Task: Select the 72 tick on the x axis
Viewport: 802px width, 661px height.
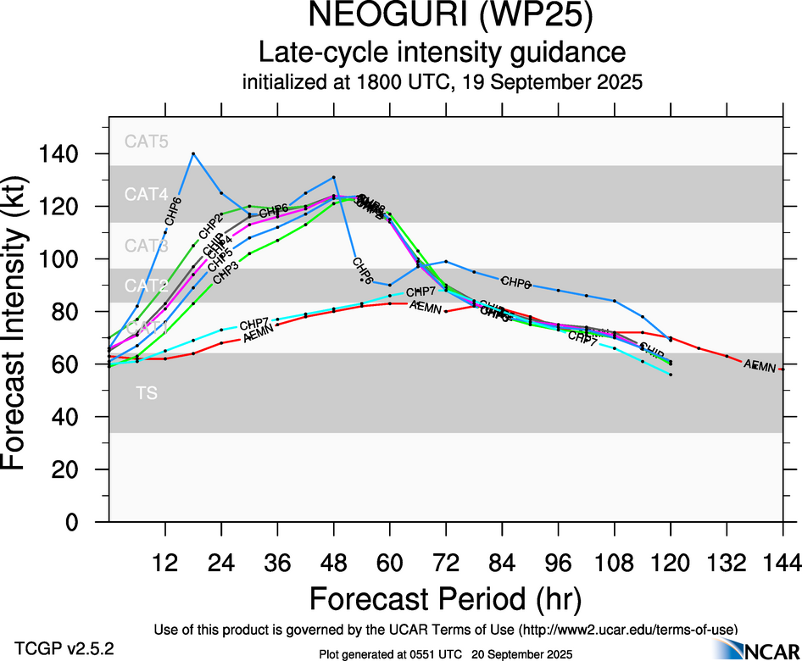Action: (445, 562)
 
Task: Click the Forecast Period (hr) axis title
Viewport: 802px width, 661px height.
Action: (445, 599)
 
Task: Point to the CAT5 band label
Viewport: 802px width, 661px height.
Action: (147, 142)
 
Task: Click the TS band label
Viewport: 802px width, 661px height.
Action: (147, 393)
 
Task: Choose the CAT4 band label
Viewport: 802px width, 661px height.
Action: (147, 194)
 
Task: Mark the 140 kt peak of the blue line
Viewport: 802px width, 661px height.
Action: (193, 153)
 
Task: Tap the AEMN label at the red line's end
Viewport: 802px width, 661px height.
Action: (760, 366)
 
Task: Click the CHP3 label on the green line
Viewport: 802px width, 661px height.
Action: (225, 273)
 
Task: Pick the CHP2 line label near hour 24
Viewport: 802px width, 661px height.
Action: (209, 228)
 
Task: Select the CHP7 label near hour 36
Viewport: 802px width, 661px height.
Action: (253, 325)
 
